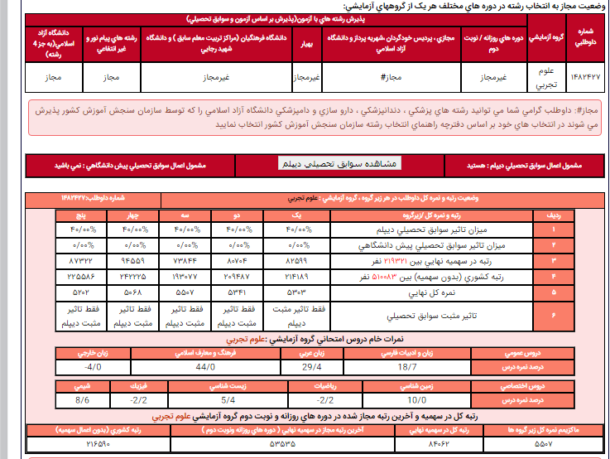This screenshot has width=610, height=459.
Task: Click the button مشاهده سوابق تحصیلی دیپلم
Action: (339, 163)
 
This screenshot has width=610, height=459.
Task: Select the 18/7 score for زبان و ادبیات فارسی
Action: (407, 365)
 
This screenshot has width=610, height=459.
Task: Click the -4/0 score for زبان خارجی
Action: (92, 365)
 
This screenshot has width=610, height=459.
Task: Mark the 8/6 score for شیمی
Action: (81, 399)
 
